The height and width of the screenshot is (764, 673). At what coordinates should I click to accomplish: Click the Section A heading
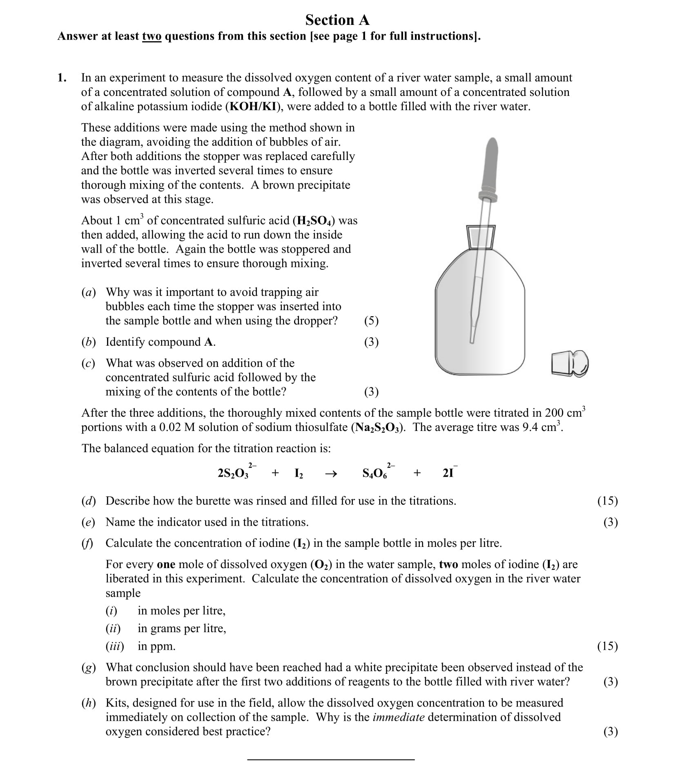(337, 20)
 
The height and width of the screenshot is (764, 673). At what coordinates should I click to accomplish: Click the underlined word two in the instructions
(152, 36)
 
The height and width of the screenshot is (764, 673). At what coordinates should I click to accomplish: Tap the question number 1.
(62, 78)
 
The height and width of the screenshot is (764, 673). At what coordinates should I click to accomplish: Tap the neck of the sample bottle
(481, 237)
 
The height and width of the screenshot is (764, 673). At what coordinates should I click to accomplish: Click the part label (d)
(88, 501)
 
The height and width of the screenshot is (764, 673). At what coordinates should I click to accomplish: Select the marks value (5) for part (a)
(371, 321)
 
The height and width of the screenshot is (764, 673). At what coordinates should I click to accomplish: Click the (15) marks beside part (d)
(607, 501)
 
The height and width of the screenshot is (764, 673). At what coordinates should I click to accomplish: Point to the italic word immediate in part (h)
(398, 717)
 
